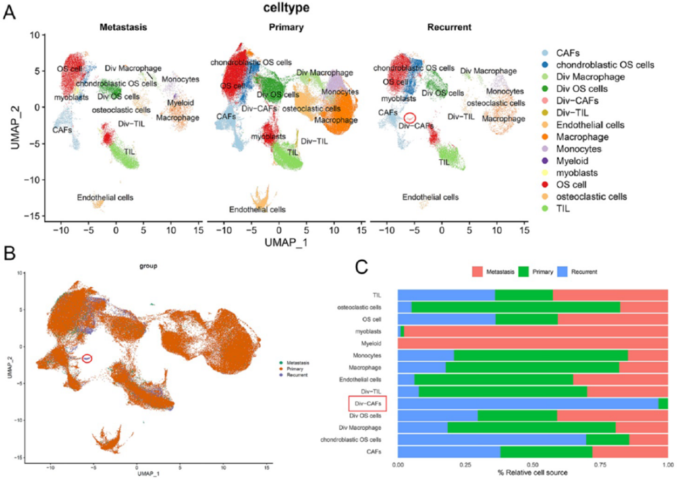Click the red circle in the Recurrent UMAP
pos(410,117)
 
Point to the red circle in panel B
pos(87,358)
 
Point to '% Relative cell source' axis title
pos(532,473)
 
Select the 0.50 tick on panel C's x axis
pos(532,463)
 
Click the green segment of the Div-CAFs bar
pos(663,403)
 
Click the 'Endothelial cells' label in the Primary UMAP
pos(258,209)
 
